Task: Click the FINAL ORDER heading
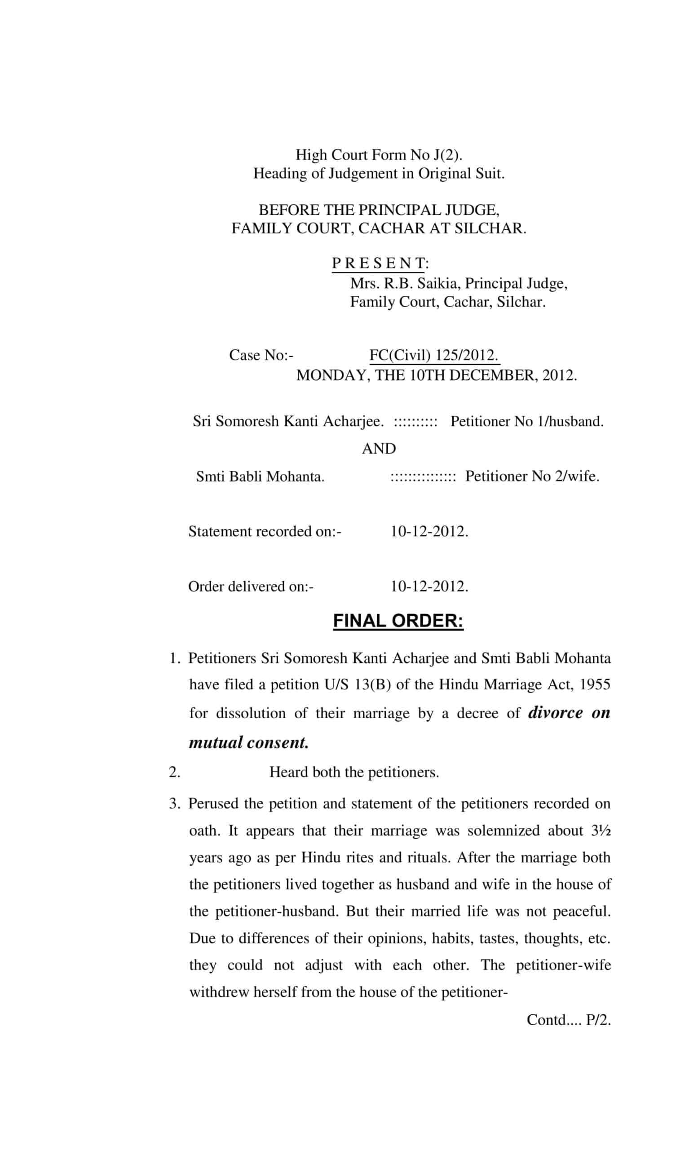tap(398, 621)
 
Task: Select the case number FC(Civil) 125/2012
tap(433, 355)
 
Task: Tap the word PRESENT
tap(378, 263)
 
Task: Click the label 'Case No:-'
tap(261, 355)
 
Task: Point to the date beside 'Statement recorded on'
tap(429, 531)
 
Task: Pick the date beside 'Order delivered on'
tap(429, 586)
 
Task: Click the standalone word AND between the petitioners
tap(378, 448)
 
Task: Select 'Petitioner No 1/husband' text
tap(526, 421)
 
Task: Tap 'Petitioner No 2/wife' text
tap(532, 476)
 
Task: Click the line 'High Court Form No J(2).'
tap(379, 154)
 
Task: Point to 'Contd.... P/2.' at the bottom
tap(568, 1020)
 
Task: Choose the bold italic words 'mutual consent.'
tap(249, 742)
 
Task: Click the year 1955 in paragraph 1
tap(594, 684)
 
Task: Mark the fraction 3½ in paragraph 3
tap(601, 830)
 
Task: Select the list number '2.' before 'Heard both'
tap(174, 772)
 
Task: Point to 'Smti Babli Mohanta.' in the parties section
tap(260, 477)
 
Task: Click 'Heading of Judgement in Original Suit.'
tap(379, 173)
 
